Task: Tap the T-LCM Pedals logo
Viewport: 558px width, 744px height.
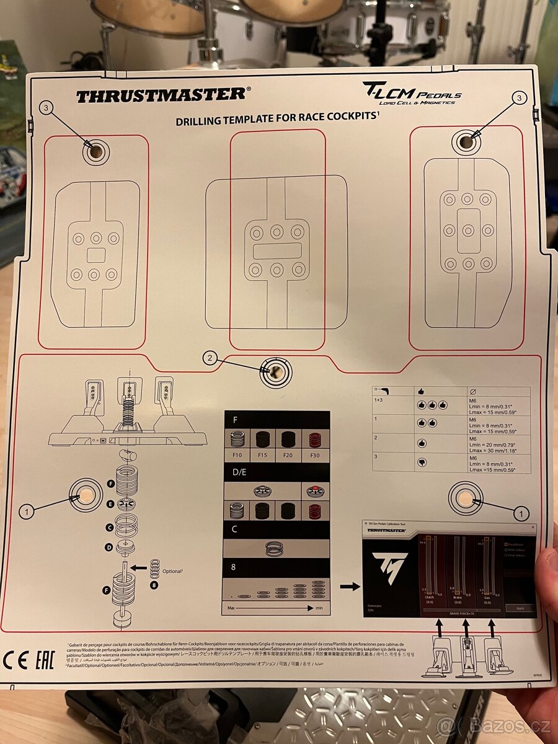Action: point(412,94)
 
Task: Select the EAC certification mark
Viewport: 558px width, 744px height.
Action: point(45,660)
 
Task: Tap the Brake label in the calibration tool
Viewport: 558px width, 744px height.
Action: point(458,596)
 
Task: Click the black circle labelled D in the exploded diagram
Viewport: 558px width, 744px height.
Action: point(110,547)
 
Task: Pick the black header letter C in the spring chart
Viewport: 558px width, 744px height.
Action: point(234,529)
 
